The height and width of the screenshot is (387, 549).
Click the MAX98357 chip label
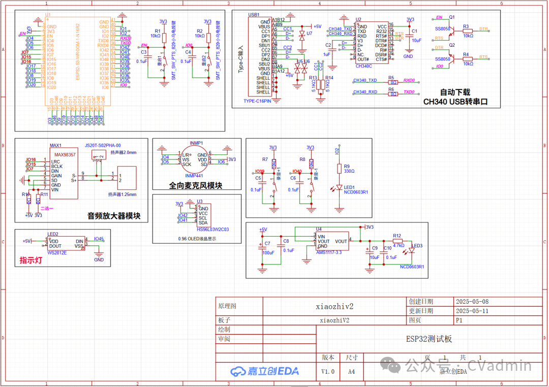pyautogui.click(x=65, y=154)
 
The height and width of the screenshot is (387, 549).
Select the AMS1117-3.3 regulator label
pyautogui.click(x=329, y=252)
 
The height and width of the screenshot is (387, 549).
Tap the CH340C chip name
pyautogui.click(x=364, y=66)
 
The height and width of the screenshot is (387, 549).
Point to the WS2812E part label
pyautogui.click(x=57, y=252)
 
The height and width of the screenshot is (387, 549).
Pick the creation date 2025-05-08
pyautogui.click(x=472, y=302)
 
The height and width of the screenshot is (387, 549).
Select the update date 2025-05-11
pyautogui.click(x=472, y=311)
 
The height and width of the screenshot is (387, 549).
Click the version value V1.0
pyautogui.click(x=328, y=371)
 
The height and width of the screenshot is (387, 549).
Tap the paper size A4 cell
pyautogui.click(x=351, y=371)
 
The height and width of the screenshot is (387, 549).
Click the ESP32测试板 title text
pyautogui.click(x=429, y=339)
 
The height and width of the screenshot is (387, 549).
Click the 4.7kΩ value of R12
pyautogui.click(x=398, y=245)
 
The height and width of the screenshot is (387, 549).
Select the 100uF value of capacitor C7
pyautogui.click(x=268, y=252)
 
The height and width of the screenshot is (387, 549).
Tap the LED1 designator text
pyautogui.click(x=349, y=187)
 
